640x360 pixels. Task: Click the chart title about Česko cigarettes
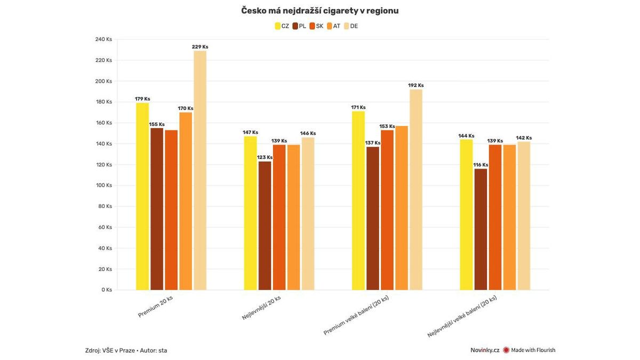[319, 11]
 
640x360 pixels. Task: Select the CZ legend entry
[282, 26]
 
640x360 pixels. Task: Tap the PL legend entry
[299, 26]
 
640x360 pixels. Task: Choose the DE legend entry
[351, 26]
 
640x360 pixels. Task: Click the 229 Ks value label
[200, 47]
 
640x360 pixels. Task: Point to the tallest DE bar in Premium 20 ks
[200, 171]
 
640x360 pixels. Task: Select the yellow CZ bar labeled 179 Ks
[142, 197]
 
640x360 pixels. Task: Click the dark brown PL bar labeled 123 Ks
[265, 226]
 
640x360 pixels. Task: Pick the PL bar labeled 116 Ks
[481, 229]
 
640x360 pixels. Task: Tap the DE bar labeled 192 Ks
[416, 190]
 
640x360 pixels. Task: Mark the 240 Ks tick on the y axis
[103, 39]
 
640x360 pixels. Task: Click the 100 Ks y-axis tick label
[103, 186]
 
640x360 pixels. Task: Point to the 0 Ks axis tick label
[107, 290]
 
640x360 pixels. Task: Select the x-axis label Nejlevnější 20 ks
[261, 307]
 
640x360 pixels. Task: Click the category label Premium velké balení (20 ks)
[356, 315]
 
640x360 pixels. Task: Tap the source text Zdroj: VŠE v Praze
[110, 350]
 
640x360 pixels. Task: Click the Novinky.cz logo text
[485, 350]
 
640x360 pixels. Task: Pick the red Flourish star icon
[506, 350]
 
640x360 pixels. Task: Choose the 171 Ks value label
[358, 107]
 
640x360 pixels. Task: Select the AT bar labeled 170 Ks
[186, 201]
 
